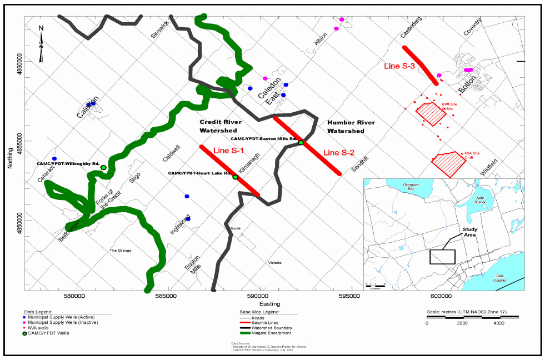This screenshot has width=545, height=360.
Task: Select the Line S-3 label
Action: (x=400, y=66)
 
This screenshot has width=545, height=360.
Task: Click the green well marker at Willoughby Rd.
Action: (x=103, y=167)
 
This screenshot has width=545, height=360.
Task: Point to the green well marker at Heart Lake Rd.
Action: (x=236, y=177)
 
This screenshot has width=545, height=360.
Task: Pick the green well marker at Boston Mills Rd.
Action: (x=301, y=143)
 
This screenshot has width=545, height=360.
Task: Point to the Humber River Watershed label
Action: (x=351, y=127)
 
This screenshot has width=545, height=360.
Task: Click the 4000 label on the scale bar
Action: (x=498, y=322)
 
